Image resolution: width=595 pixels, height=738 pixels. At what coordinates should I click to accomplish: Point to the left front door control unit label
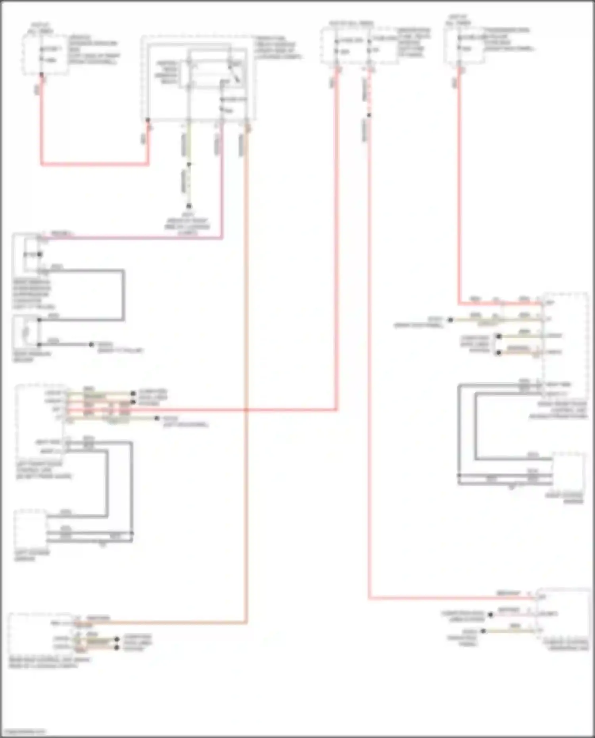tap(44, 470)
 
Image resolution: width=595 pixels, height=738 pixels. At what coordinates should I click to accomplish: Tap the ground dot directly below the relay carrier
tap(189, 206)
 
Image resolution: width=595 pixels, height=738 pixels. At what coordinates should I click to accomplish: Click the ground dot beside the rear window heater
tap(91, 345)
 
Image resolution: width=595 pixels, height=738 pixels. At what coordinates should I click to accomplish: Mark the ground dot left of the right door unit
tap(450, 320)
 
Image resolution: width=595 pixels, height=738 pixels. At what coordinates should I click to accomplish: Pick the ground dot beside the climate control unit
tap(483, 631)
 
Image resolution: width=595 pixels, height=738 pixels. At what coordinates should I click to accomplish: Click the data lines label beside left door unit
tap(153, 397)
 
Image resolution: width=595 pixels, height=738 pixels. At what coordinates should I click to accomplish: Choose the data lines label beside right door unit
tap(475, 344)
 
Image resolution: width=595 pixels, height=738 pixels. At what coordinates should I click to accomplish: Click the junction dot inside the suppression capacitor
tap(40, 254)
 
